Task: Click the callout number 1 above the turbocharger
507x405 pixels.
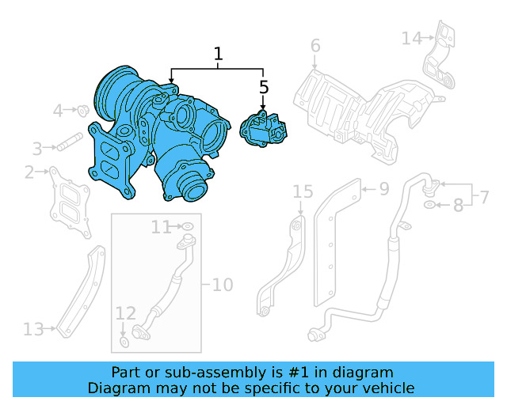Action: point(218,55)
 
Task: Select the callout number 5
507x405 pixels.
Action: point(263,87)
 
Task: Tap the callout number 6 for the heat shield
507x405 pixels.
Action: point(314,46)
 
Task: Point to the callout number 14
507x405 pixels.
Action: point(412,38)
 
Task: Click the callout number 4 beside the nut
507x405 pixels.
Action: point(58,111)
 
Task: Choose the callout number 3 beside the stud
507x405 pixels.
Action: point(36,148)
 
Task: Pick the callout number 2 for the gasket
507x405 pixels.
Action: point(29,172)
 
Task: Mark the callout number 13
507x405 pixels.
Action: point(32,328)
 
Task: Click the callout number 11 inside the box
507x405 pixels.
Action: point(161,228)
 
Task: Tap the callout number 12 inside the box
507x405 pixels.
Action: point(126,312)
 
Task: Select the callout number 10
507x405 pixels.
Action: point(223,284)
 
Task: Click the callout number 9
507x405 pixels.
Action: point(383,189)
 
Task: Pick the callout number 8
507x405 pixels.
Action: point(457,206)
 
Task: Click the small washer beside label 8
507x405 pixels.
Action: point(429,206)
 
